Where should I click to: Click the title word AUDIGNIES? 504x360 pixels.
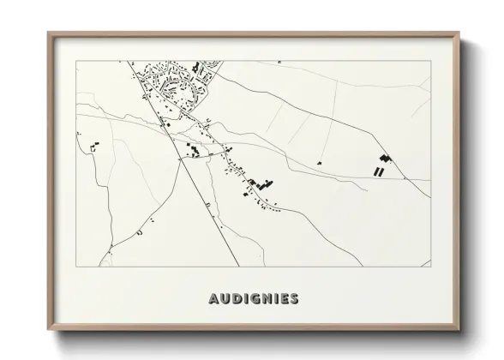253,299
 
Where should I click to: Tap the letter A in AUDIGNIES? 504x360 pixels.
213,299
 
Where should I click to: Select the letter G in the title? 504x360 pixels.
251,299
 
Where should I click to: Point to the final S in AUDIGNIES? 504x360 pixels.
294,299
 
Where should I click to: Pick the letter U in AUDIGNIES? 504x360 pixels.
224,299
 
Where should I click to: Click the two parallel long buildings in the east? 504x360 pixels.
377,171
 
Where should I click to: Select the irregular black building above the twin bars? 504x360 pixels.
384,159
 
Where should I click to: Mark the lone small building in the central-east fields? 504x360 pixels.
319,163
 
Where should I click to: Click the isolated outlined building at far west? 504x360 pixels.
93,149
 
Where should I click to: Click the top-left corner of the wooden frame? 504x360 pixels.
49,33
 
